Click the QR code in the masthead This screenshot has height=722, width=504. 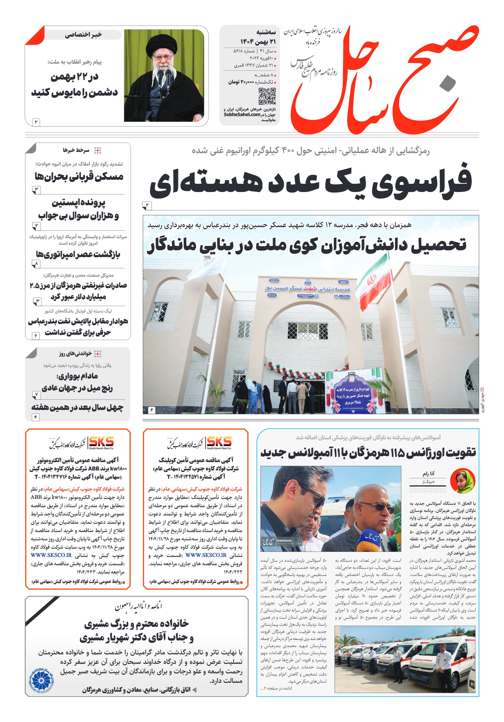click(267, 96)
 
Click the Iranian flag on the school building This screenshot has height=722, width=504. click(374, 282)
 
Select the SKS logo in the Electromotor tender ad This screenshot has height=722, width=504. click(101, 442)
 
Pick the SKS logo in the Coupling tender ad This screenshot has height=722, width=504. click(219, 442)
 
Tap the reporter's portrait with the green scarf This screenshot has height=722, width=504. click(462, 480)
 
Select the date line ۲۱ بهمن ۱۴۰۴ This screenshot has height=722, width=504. click(258, 41)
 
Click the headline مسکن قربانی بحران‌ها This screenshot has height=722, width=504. click(79, 176)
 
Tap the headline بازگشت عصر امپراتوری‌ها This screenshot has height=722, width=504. click(78, 254)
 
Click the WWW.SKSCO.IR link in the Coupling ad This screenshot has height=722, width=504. click(206, 555)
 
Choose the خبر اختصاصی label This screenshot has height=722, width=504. click(83, 35)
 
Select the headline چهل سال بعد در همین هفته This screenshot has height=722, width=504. click(77, 407)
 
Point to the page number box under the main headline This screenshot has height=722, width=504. click(147, 206)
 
